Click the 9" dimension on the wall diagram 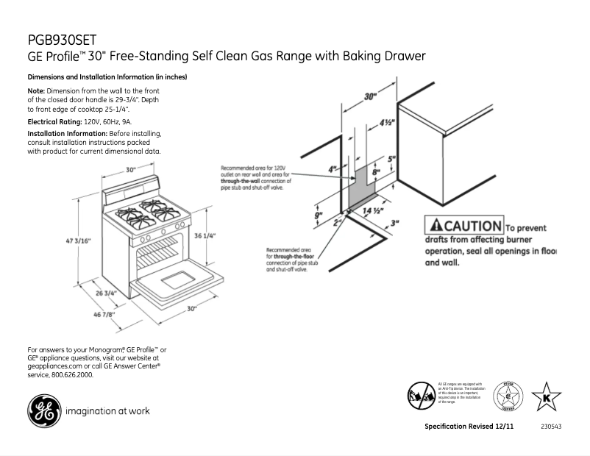click(319, 216)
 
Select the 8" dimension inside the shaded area click(375, 172)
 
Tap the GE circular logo click(44, 410)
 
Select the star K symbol click(546, 398)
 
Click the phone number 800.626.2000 click(73, 375)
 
